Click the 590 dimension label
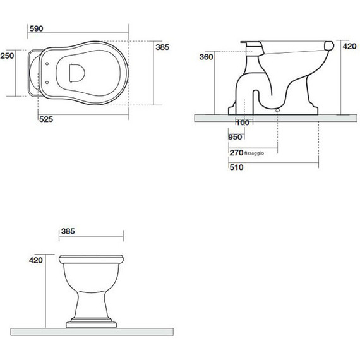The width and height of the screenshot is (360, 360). click(36, 28)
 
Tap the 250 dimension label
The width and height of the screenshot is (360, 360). click(7, 56)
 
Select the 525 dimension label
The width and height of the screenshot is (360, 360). click(46, 119)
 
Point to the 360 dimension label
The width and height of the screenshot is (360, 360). click(206, 57)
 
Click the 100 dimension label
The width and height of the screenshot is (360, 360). click(243, 123)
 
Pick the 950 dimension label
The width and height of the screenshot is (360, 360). click(235, 137)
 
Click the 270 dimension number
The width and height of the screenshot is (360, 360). click(236, 153)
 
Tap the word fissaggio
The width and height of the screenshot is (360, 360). click(254, 153)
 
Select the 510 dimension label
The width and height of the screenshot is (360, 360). click(236, 167)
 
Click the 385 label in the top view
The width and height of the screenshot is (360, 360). click(162, 47)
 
